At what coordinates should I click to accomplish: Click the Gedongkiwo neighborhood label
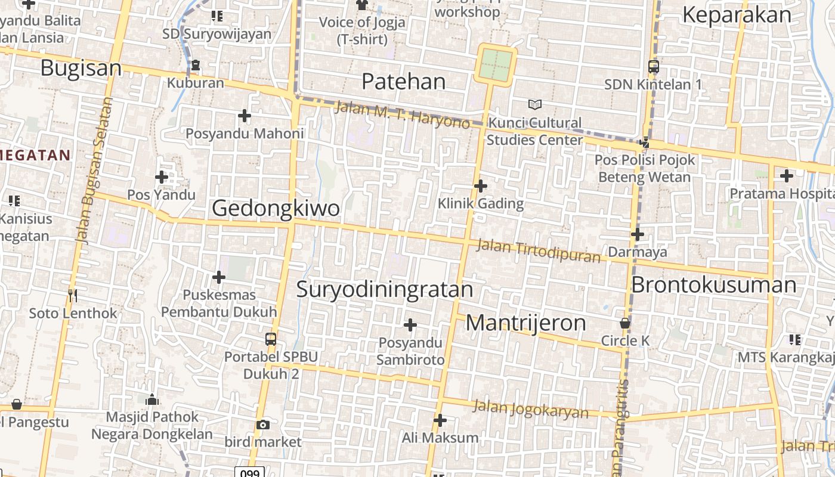(276, 208)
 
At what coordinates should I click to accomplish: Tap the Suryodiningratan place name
(385, 289)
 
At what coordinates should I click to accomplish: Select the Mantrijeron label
(525, 323)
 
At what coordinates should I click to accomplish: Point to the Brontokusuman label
(713, 284)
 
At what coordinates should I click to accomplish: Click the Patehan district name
(403, 81)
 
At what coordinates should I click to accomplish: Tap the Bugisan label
(81, 68)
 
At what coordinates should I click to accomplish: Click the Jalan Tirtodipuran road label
(539, 250)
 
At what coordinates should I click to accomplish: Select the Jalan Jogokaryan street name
(530, 410)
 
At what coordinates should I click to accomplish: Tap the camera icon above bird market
(263, 425)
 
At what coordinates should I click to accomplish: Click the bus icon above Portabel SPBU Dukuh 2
(271, 339)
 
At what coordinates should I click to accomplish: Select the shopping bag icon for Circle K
(625, 323)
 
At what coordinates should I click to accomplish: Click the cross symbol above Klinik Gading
(480, 186)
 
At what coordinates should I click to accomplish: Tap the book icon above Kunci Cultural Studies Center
(535, 105)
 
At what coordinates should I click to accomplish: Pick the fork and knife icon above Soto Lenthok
(73, 295)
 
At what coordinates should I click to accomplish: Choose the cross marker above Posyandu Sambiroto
(410, 325)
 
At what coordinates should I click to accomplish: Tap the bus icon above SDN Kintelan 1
(653, 67)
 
